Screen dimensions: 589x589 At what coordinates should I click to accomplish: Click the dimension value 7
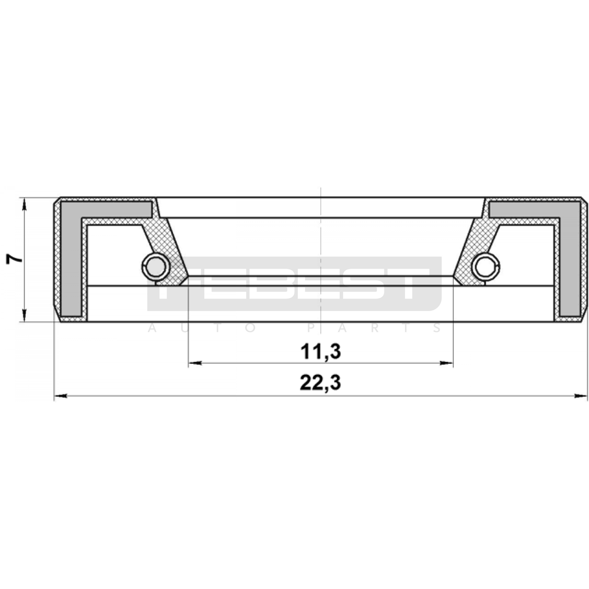pyautogui.click(x=14, y=259)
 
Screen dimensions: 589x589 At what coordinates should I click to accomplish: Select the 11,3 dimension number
pyautogui.click(x=320, y=352)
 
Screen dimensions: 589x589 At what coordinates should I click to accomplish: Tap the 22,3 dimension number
pyautogui.click(x=320, y=383)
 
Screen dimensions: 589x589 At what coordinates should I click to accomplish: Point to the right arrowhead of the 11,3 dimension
pyautogui.click(x=446, y=363)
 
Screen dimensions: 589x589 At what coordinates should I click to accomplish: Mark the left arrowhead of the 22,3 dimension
pyautogui.click(x=61, y=396)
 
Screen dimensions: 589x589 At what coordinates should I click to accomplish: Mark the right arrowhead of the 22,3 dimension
pyautogui.click(x=581, y=396)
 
